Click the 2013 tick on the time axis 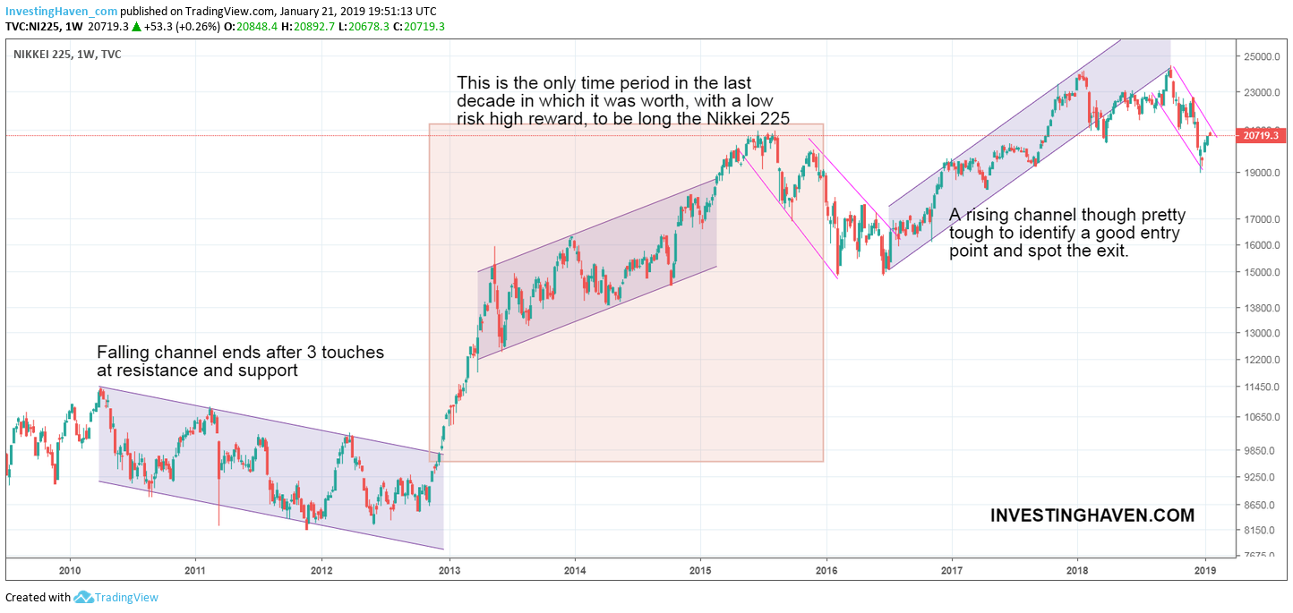tap(449, 570)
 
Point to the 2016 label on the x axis tap(826, 570)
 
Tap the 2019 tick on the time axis tap(1205, 570)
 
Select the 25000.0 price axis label tap(1261, 57)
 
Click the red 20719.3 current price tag tap(1261, 136)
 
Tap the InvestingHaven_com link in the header tap(61, 11)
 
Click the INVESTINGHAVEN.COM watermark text tap(1092, 515)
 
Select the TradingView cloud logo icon tap(83, 597)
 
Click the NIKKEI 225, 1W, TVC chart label tap(67, 55)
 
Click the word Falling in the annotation tap(122, 353)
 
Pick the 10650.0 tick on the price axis tap(1261, 418)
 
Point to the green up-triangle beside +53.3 tap(136, 26)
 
